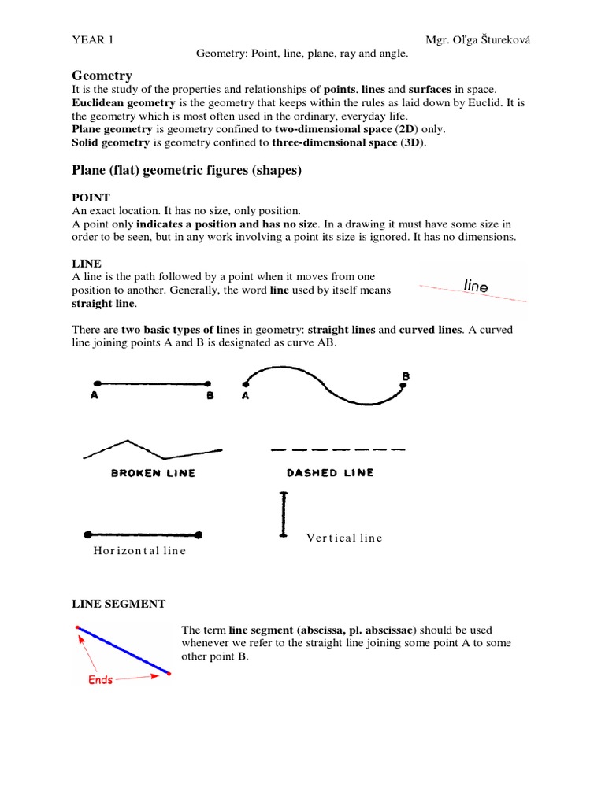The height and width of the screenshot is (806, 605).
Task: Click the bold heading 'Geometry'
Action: [102, 76]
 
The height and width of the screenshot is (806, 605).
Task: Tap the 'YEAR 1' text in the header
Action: [91, 39]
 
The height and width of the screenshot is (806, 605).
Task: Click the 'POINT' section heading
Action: [91, 198]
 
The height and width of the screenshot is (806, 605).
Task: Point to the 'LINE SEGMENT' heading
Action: [119, 604]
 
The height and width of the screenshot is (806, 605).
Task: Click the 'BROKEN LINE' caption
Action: [153, 473]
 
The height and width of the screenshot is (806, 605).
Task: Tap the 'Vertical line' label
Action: [344, 538]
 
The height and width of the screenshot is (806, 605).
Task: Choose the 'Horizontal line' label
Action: [139, 550]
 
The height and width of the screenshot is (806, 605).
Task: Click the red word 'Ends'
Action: [100, 679]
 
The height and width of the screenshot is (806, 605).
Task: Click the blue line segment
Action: [123, 650]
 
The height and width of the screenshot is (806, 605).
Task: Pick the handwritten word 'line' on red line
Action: [476, 286]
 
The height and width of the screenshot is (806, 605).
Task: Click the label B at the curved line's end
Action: [406, 377]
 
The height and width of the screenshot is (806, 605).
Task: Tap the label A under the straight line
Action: [95, 397]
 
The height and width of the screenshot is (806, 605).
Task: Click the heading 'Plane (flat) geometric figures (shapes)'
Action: [187, 170]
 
